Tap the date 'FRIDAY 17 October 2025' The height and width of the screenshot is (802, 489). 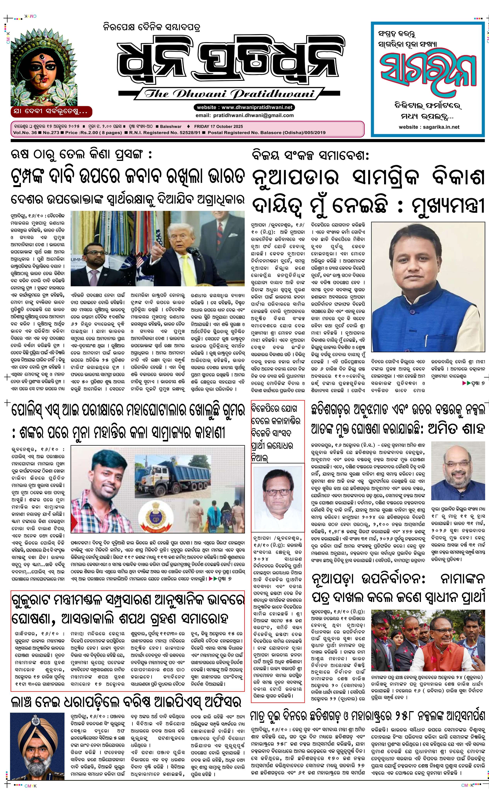(218, 126)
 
